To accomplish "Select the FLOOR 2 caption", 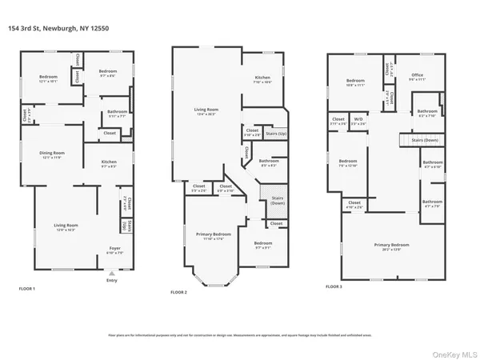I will point(179,293).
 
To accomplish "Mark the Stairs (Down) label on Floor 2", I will point(277,200).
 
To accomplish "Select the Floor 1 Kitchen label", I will point(110,162).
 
